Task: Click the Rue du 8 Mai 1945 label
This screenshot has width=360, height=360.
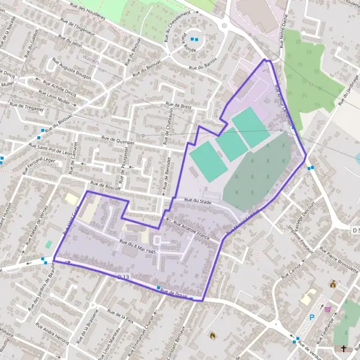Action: [x=138, y=247]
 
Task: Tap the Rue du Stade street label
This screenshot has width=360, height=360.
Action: [x=198, y=202]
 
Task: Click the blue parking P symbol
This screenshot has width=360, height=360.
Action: [x=311, y=317]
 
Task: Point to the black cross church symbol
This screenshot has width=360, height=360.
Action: [x=344, y=349]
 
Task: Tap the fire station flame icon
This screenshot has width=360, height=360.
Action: [x=212, y=335]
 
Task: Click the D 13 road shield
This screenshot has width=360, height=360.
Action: [x=124, y=276]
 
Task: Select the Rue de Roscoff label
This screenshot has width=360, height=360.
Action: [x=105, y=187]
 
